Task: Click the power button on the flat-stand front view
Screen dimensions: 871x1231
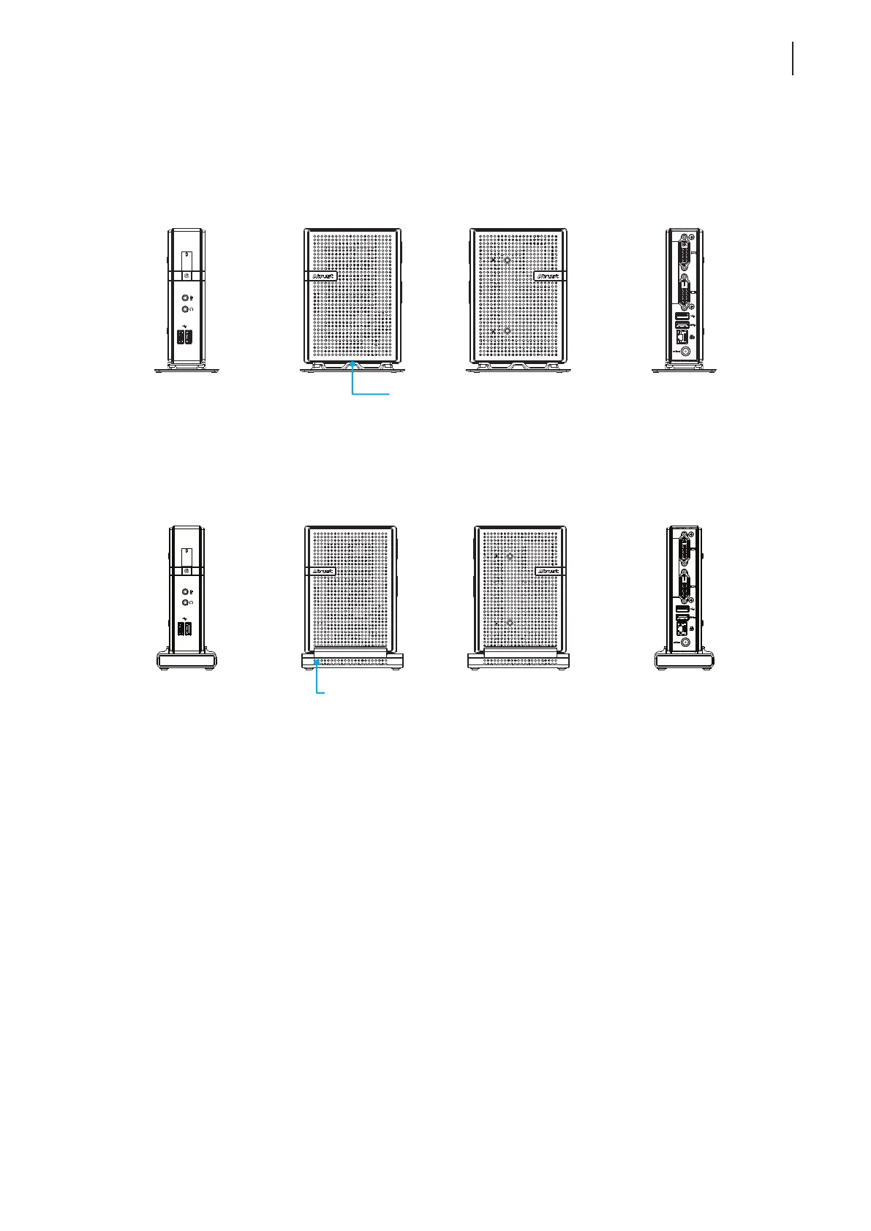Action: coord(186,276)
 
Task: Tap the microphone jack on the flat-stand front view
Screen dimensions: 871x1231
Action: coord(186,298)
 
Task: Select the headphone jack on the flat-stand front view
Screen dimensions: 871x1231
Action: coord(186,310)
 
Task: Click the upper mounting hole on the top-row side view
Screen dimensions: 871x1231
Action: coord(507,259)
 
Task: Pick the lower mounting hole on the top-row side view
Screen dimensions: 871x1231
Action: coord(507,331)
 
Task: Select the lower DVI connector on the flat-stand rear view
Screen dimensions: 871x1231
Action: coord(683,292)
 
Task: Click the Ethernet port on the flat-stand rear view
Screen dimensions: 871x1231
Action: coord(683,337)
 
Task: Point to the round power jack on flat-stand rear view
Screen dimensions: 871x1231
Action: coord(686,352)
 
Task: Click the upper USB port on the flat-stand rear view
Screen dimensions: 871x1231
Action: coord(682,317)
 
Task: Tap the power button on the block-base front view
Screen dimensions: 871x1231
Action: coord(186,570)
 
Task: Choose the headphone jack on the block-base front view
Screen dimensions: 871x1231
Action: coord(186,603)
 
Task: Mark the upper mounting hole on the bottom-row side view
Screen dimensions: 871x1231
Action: coord(510,556)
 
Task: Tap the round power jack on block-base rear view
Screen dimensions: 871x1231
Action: coord(686,642)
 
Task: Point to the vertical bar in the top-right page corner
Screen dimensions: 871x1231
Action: coord(793,58)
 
